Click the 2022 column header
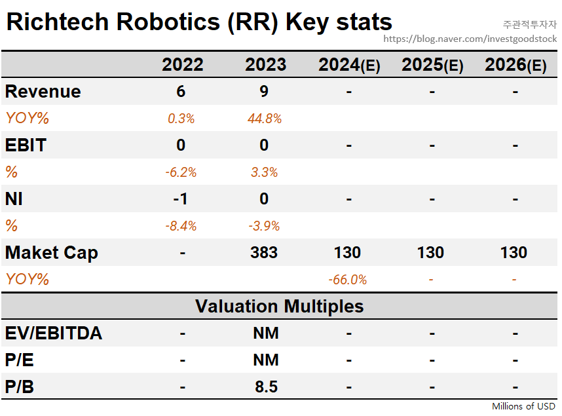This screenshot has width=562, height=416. click(183, 65)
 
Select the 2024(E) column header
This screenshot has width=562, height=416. click(349, 65)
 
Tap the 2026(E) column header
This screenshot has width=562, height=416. click(515, 65)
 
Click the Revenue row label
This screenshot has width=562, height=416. click(43, 92)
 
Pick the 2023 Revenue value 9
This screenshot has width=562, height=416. click(264, 92)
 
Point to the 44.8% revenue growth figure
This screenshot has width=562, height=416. click(265, 119)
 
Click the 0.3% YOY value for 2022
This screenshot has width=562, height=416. click(181, 119)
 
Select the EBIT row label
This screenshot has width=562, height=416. click(26, 145)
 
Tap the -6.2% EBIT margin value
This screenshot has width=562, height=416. click(181, 172)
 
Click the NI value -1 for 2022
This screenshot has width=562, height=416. click(180, 199)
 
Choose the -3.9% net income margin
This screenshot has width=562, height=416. click(264, 226)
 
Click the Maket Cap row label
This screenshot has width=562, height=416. click(51, 253)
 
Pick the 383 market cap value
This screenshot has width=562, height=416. click(264, 252)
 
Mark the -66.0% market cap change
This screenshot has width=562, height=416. click(348, 280)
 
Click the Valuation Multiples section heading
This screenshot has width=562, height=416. click(280, 306)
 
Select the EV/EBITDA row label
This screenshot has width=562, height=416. click(54, 333)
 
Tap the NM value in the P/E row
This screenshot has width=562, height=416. click(266, 360)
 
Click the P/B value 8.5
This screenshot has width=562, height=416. click(267, 387)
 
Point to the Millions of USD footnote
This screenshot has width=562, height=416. click(523, 406)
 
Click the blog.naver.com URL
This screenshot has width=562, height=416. click(470, 39)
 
